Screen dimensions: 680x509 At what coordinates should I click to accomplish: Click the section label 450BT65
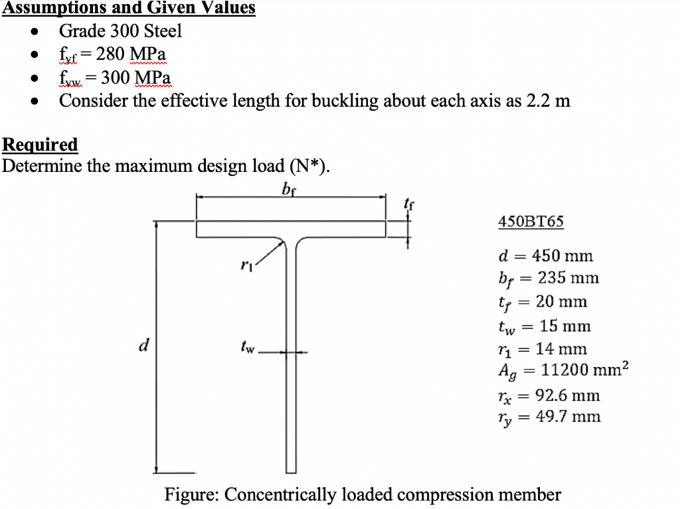coord(531,222)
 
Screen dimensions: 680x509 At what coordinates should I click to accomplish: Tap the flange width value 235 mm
coord(568,278)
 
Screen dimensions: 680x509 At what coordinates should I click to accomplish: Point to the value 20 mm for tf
coord(561,302)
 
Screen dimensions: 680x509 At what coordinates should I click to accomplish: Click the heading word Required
coord(40,144)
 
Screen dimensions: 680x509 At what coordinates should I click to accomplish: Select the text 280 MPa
coord(131,54)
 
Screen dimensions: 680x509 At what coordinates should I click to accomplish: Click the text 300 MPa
coord(135,78)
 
